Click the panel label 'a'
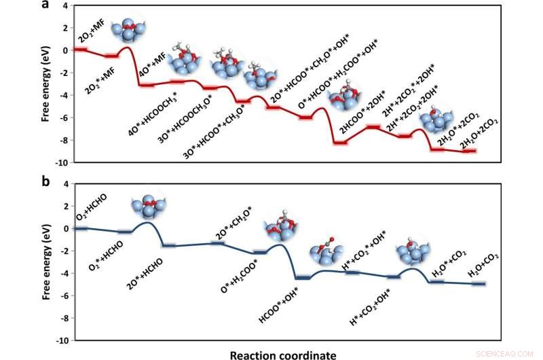[x=45, y=5]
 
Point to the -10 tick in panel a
[x=60, y=163]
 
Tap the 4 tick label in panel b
[x=64, y=183]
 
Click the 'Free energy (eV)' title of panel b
[x=45, y=262]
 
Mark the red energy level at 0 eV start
[x=81, y=50]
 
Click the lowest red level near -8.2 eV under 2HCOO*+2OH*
[x=339, y=143]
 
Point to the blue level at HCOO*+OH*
[x=302, y=277]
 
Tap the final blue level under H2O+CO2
[x=478, y=283]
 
